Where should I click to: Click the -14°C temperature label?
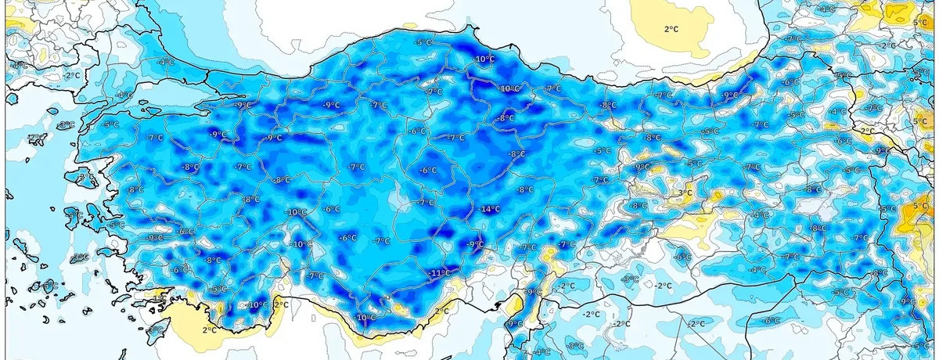(490, 209)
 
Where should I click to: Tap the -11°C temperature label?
(441, 272)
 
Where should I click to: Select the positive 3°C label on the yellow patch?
(685, 193)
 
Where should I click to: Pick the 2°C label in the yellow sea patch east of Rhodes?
(210, 330)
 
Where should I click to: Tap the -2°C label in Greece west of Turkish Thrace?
(73, 75)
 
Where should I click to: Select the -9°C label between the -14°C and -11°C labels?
(475, 244)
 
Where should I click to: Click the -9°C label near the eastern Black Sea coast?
(730, 95)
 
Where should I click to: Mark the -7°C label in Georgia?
(794, 38)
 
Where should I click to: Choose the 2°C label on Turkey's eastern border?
(867, 131)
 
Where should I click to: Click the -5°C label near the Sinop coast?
(423, 42)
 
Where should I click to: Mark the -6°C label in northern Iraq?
(771, 320)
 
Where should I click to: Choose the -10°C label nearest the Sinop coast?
(484, 59)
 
